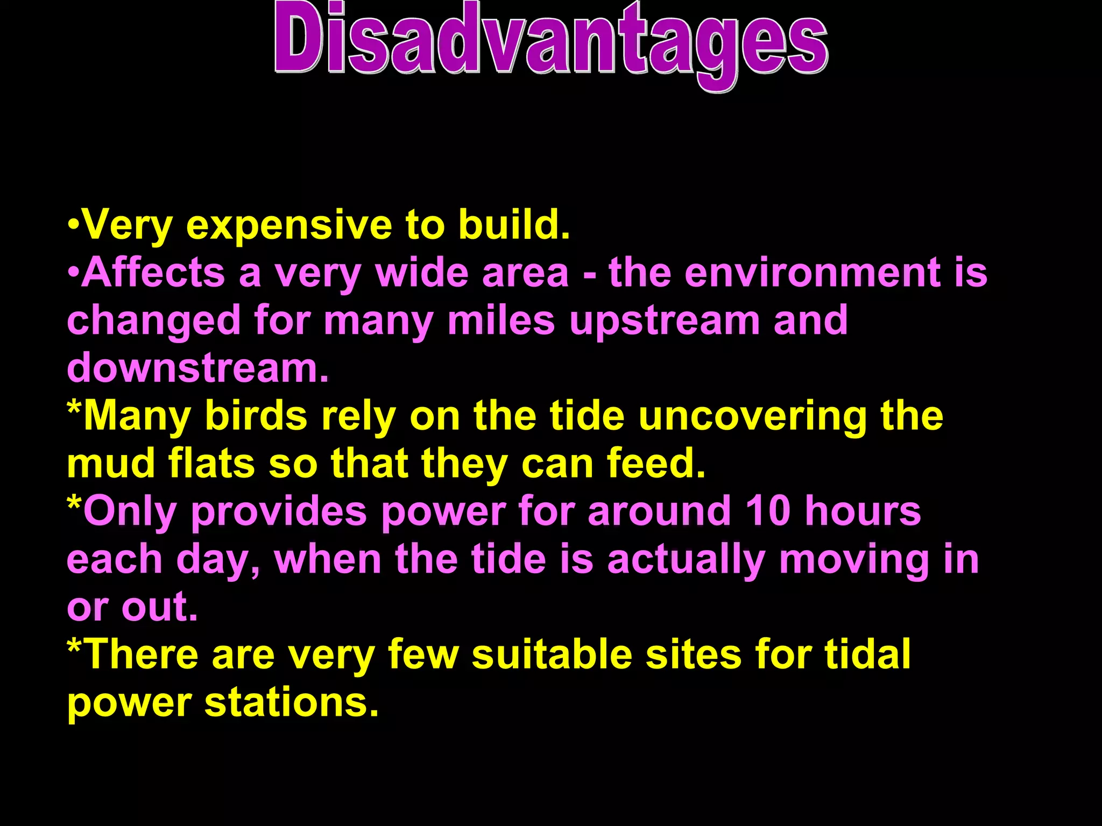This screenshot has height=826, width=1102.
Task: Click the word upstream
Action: [665, 321]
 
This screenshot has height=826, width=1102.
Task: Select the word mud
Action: [111, 464]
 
